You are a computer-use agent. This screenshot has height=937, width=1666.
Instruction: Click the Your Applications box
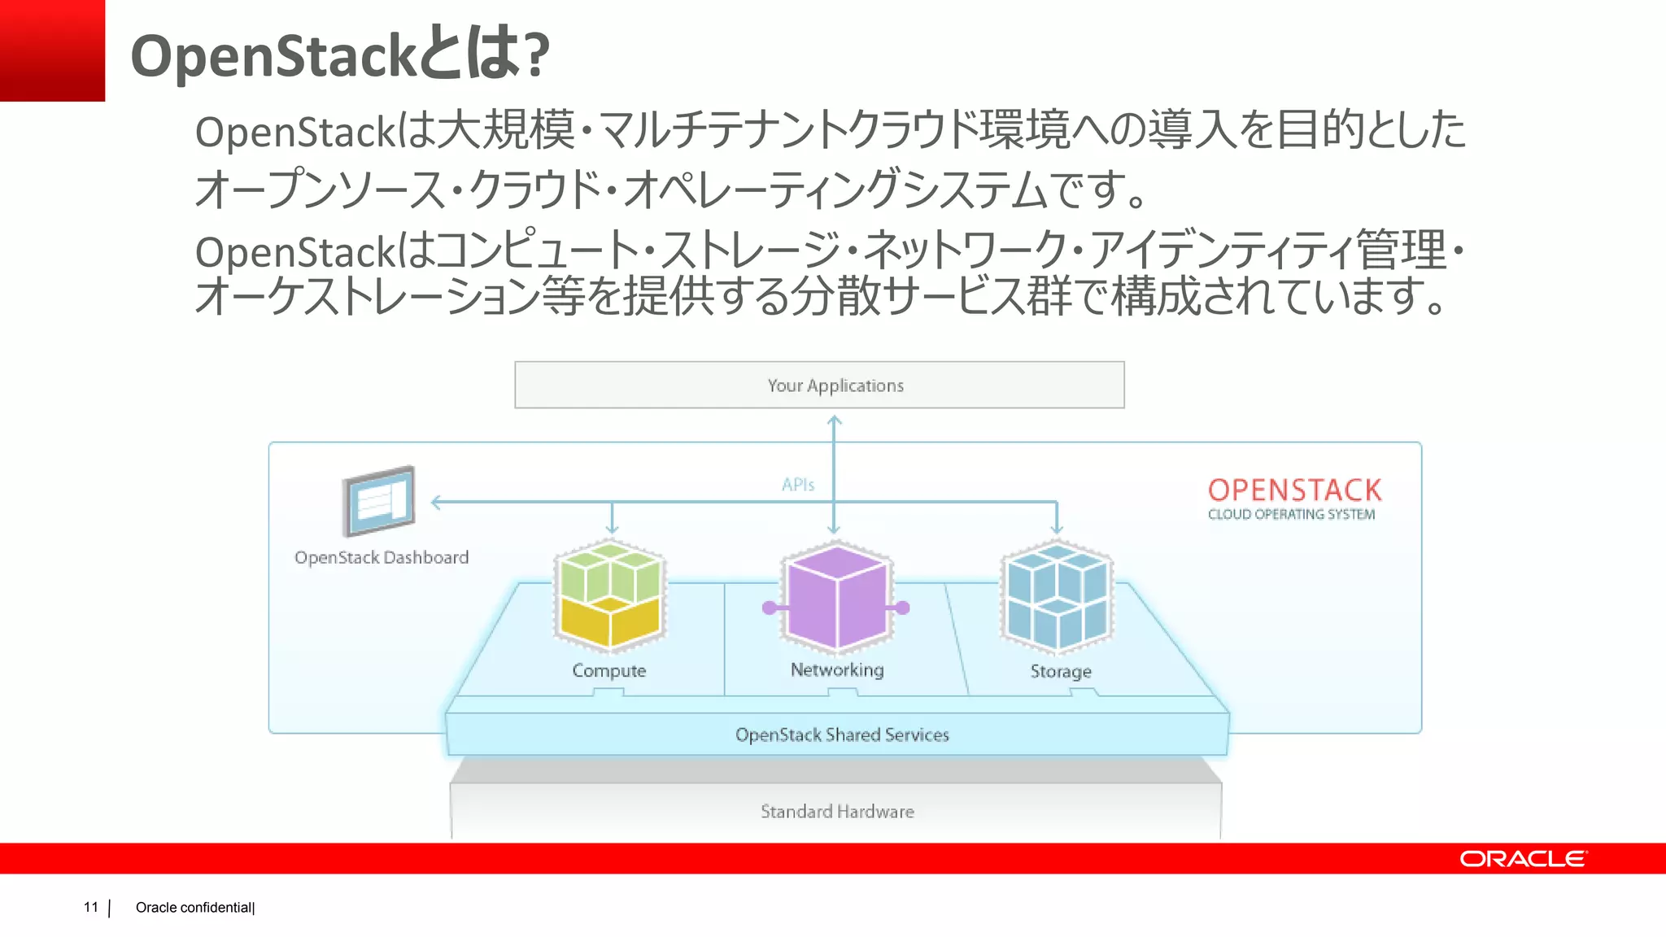click(819, 385)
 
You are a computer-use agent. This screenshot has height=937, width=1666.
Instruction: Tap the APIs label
click(797, 485)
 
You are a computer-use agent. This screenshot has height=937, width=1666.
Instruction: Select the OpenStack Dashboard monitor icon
click(379, 501)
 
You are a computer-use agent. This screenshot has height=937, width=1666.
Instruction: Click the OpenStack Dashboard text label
click(382, 558)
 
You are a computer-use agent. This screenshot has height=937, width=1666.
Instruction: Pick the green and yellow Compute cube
click(610, 595)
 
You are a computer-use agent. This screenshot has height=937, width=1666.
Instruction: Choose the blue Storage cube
click(1057, 596)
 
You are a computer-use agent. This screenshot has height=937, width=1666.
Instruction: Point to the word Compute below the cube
click(608, 671)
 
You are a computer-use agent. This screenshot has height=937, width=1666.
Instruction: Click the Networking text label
click(836, 670)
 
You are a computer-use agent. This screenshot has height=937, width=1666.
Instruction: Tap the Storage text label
click(1060, 672)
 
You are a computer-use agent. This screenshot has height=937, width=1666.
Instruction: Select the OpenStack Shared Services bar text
click(842, 735)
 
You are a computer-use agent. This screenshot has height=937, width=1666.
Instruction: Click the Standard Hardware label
click(837, 812)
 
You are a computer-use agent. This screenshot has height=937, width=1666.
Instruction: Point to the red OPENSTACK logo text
click(1294, 490)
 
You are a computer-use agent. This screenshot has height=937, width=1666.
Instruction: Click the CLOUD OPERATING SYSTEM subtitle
click(1291, 515)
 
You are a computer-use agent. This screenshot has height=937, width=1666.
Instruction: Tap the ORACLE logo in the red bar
click(1522, 859)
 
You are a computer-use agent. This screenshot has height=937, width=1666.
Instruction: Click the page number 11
click(90, 907)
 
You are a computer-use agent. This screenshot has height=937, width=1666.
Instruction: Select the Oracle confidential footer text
click(194, 908)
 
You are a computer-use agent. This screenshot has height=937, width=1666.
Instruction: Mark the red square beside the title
click(52, 50)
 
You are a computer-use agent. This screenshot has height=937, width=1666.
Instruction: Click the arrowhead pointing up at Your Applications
click(834, 421)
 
